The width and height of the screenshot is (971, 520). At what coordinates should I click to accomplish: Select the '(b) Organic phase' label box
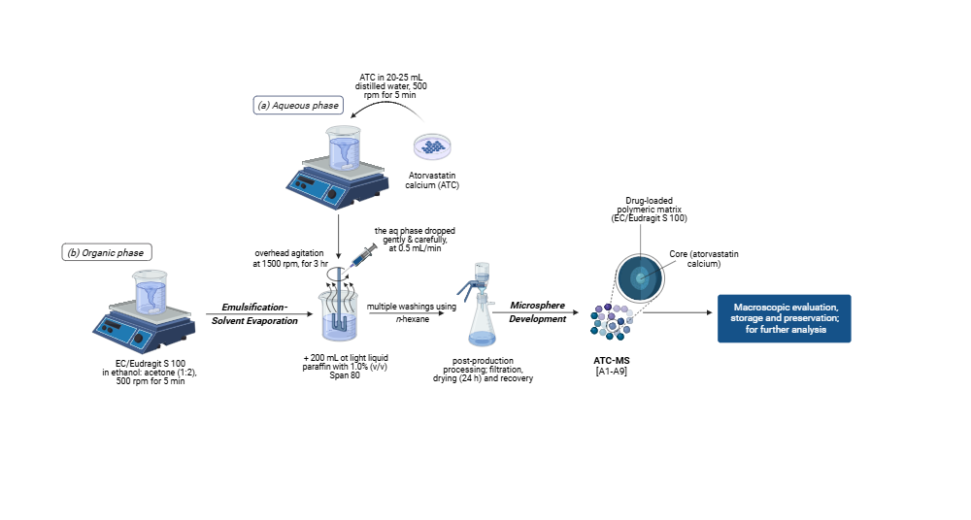(107, 252)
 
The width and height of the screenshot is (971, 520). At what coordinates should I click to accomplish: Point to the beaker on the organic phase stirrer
(151, 293)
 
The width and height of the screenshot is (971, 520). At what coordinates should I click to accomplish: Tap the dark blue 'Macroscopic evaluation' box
(784, 318)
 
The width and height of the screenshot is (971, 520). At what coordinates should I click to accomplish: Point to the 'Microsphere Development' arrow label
(538, 311)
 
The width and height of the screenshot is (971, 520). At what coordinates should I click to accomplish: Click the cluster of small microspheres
(611, 321)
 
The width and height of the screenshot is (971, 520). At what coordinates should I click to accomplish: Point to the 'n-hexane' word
(411, 318)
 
